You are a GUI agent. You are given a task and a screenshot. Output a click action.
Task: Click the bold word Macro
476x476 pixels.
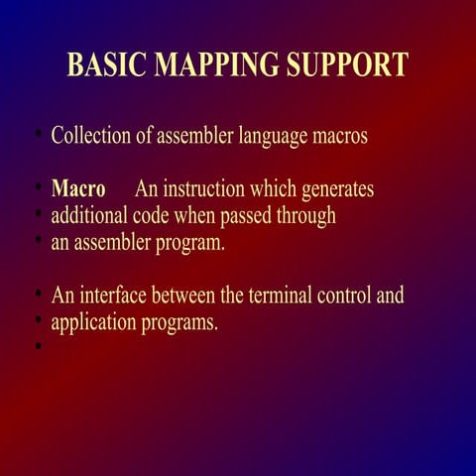click(x=78, y=188)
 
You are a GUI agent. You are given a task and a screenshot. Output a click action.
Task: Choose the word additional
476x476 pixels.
click(x=89, y=215)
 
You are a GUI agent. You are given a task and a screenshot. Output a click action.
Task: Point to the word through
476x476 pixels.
click(x=305, y=215)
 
